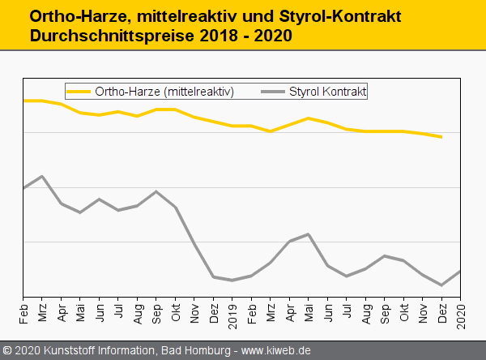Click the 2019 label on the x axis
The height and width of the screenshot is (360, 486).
pos(233,311)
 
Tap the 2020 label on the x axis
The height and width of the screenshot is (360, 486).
pos(462,311)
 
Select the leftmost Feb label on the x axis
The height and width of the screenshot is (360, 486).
pos(23,311)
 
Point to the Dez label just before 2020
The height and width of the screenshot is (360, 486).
pos(442,311)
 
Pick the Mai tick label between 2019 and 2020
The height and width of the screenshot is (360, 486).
pos(309,311)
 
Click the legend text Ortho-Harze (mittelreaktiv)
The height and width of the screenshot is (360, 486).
pos(164,92)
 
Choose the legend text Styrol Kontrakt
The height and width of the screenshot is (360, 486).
pos(327,92)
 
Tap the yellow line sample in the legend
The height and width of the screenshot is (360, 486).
pos(79,92)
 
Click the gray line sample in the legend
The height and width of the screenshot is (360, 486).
pos(273,92)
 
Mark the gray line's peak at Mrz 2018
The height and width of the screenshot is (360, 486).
pos(42,176)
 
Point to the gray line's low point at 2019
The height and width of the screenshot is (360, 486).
pos(232,281)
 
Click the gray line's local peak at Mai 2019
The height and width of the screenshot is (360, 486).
pos(309,234)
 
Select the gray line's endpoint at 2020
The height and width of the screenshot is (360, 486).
pos(461,271)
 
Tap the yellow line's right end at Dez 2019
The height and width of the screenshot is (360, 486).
pos(441,137)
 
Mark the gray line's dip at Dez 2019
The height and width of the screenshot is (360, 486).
pos(441,285)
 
